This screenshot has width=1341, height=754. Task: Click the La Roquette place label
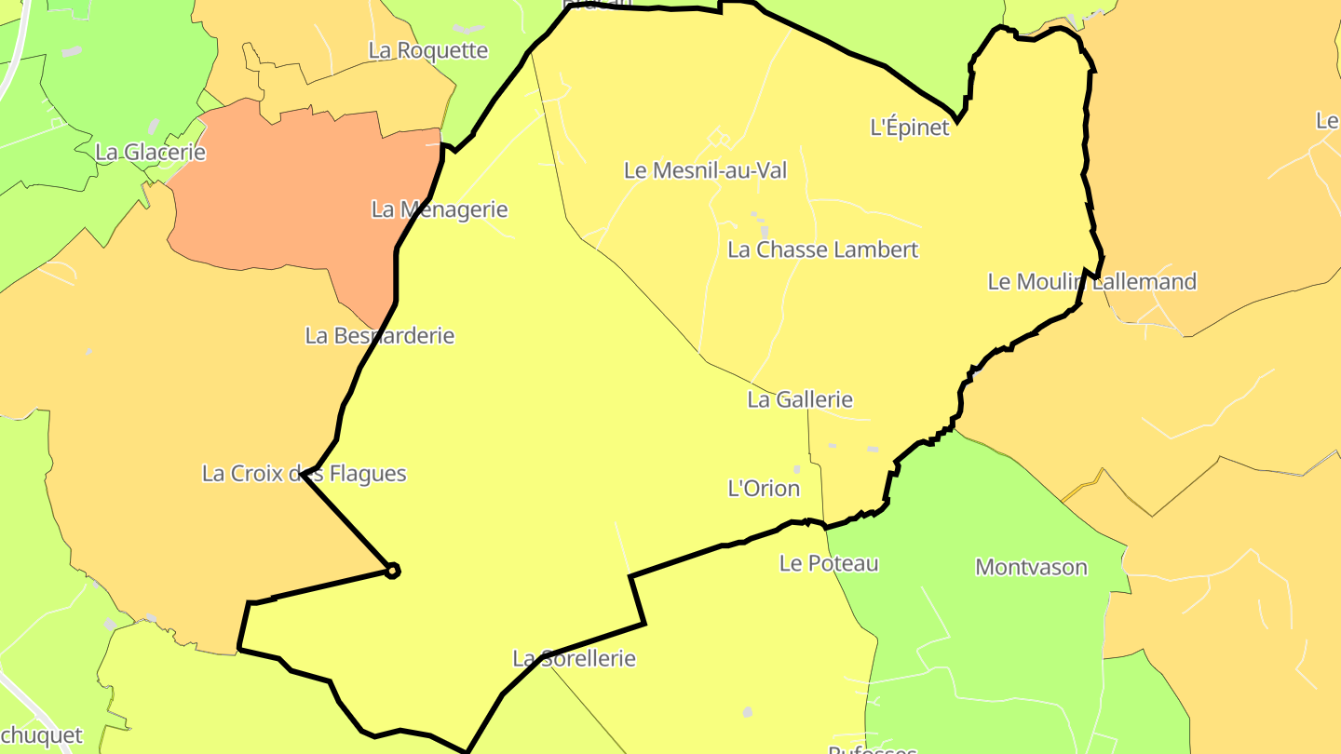click(427, 50)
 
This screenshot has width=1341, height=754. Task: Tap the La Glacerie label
click(150, 152)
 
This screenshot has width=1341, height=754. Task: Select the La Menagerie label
click(440, 209)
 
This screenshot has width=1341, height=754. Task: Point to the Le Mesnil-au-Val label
click(705, 170)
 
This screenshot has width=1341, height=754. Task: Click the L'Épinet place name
click(909, 128)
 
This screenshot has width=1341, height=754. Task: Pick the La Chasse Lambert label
click(822, 249)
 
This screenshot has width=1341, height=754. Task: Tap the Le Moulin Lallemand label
click(1091, 282)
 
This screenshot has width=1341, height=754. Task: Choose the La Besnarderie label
click(379, 335)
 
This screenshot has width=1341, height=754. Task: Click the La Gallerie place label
click(799, 399)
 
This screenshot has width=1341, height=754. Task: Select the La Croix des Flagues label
click(304, 474)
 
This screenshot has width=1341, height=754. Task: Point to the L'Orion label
click(763, 489)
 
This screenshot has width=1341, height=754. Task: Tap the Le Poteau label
click(829, 563)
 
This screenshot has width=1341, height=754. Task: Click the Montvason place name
click(1031, 567)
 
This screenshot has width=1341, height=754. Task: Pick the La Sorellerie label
click(574, 659)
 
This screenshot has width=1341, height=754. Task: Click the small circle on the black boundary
click(393, 571)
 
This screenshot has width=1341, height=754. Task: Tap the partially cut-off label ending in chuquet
click(41, 735)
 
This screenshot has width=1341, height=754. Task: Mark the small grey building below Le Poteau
click(747, 712)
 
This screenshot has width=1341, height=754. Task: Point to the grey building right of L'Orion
click(797, 469)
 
